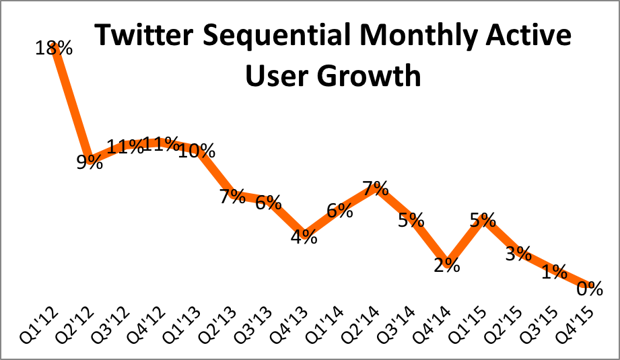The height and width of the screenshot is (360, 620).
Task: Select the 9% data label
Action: pyautogui.click(x=89, y=161)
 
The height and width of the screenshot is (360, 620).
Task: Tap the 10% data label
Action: pyautogui.click(x=197, y=151)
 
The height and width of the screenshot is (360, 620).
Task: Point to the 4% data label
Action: pyautogui.click(x=304, y=237)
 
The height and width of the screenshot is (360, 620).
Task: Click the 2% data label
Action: pyautogui.click(x=446, y=264)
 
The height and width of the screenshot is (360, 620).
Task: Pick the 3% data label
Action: pyautogui.click(x=518, y=254)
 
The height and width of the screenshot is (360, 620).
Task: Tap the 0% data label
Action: pyautogui.click(x=589, y=289)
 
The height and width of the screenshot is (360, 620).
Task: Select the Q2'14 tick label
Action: pyautogui.click(x=368, y=326)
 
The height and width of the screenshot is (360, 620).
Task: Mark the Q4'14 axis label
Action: pyautogui.click(x=439, y=326)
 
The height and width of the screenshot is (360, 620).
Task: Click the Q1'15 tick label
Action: pyautogui.click(x=475, y=326)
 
